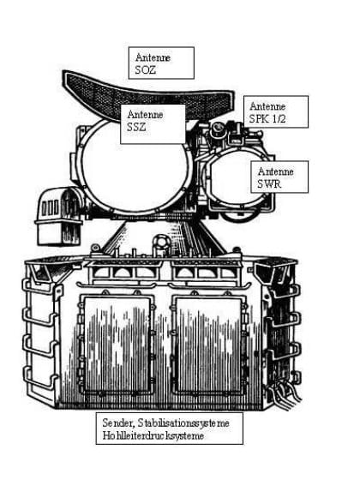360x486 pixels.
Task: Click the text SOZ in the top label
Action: point(146,70)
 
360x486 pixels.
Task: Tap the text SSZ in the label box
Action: point(136,127)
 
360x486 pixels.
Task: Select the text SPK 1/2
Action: point(267,118)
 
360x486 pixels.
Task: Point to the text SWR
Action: point(269,183)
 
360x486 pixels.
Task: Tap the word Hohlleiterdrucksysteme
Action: point(153,435)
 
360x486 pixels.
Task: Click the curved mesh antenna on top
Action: point(146,93)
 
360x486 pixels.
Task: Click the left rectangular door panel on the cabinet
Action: point(117,344)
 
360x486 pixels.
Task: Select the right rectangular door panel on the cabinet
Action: point(208,344)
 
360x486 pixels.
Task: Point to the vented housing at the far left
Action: point(59,215)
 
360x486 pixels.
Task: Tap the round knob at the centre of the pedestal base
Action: point(161,242)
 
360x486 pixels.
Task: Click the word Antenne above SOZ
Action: point(153,57)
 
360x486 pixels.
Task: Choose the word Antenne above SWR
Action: point(276,171)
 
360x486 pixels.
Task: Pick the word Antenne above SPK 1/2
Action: point(267,106)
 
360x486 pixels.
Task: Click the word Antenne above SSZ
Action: point(145,114)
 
